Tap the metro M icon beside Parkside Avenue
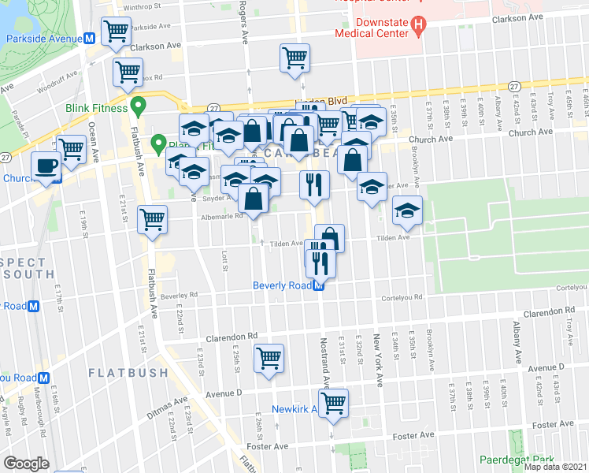click(90, 39)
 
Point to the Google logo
click(26, 464)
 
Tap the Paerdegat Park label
click(517, 460)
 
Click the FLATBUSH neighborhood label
click(128, 372)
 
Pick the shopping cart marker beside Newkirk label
click(334, 402)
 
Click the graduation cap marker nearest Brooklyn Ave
click(407, 210)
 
